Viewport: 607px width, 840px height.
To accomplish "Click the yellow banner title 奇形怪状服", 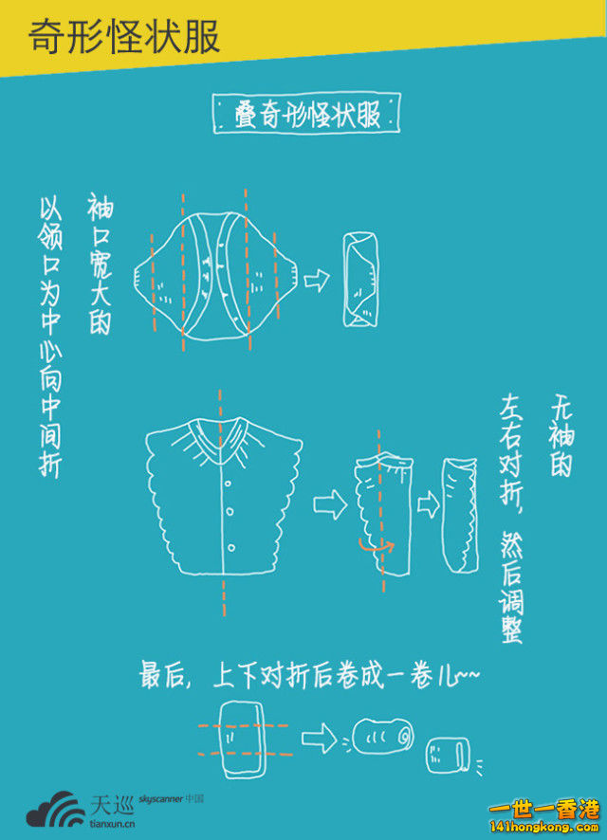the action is [123, 37].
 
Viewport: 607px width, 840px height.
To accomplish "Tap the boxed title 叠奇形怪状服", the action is [307, 114].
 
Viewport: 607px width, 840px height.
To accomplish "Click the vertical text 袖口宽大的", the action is [101, 265].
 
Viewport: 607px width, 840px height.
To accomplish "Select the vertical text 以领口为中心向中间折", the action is [50, 338].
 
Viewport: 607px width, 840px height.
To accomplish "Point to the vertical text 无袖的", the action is [561, 438].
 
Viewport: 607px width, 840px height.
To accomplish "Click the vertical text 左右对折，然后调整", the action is [510, 520].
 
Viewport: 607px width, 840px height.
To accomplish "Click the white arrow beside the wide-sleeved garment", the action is [317, 281].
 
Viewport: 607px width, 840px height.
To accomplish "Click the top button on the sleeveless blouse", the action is [228, 484].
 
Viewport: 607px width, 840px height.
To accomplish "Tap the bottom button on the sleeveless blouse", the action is [230, 547].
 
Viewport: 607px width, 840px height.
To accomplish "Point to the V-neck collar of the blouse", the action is [221, 437].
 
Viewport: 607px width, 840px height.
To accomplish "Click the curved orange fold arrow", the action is [377, 546].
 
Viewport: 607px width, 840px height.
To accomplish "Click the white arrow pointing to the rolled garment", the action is [319, 739].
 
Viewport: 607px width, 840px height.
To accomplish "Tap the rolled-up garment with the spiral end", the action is [382, 736].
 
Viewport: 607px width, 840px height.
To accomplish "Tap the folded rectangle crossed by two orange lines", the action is [243, 740].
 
